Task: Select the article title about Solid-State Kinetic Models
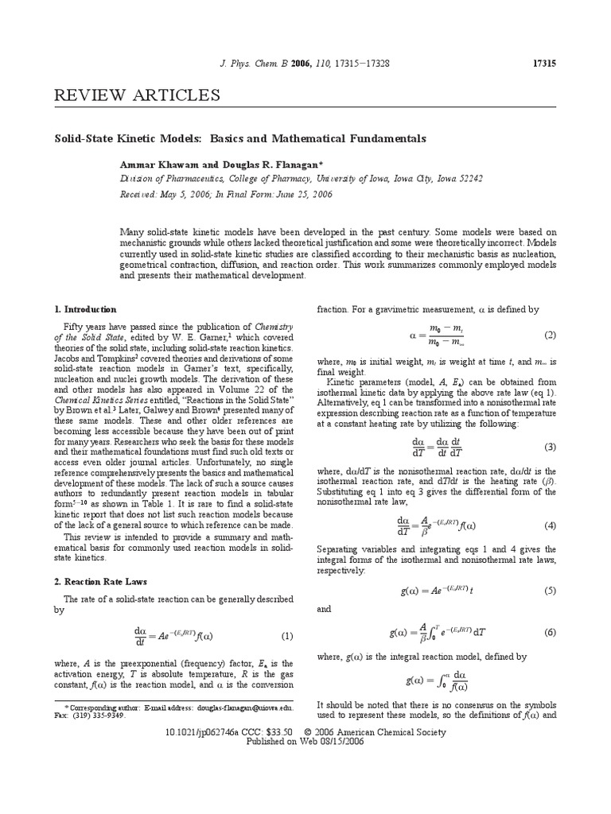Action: [x=240, y=138]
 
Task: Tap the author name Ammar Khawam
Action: [x=155, y=164]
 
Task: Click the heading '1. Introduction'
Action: [x=85, y=309]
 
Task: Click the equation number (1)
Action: [x=287, y=636]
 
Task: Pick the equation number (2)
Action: [x=550, y=335]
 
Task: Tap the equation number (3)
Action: [x=550, y=447]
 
